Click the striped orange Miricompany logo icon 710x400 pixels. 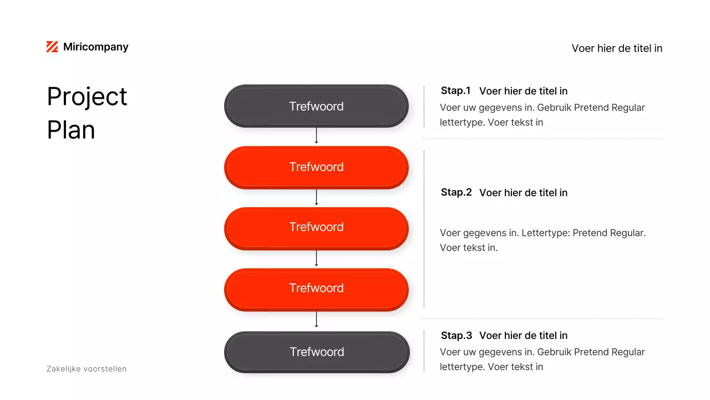(x=52, y=47)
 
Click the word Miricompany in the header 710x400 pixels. (x=95, y=47)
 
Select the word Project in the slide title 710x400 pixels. (x=87, y=97)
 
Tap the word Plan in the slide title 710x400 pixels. (x=71, y=130)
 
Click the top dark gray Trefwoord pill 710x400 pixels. (x=316, y=106)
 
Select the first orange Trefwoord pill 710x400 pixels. (x=316, y=167)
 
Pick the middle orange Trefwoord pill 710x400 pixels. (x=316, y=227)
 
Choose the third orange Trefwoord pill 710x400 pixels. (x=316, y=288)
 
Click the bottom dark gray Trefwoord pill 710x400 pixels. (x=317, y=352)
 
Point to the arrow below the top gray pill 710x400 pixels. (x=316, y=136)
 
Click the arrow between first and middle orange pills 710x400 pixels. (x=316, y=197)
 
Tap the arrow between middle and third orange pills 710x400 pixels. (x=316, y=258)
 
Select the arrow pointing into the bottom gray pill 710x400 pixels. (x=316, y=319)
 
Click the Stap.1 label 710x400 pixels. (x=455, y=91)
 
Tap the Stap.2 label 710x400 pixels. (x=456, y=192)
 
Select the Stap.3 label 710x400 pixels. (x=456, y=336)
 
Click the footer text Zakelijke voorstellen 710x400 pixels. (x=87, y=369)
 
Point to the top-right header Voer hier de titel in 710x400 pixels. (x=617, y=48)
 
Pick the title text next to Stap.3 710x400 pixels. (x=523, y=336)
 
